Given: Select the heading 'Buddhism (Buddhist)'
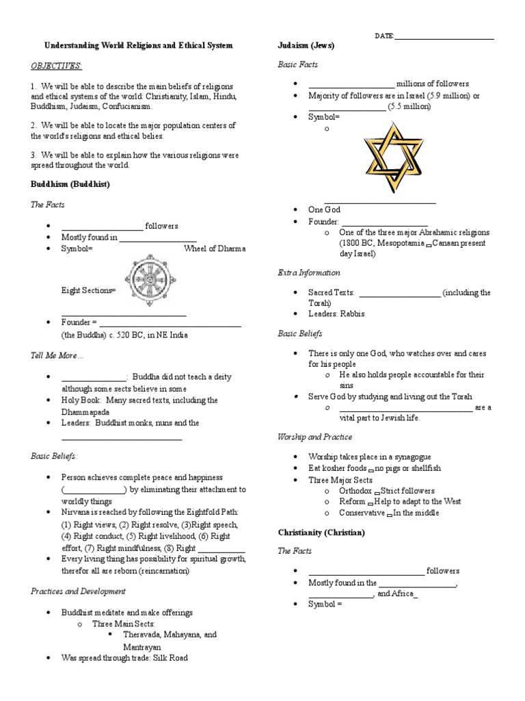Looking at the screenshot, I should click(x=70, y=185).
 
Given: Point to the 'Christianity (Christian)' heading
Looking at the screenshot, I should click(x=321, y=532).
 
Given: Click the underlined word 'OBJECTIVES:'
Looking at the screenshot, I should click(x=56, y=65).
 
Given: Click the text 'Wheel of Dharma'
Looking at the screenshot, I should click(x=215, y=248).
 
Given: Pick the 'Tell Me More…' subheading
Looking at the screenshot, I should click(x=57, y=356).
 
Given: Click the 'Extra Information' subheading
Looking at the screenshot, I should click(x=308, y=272).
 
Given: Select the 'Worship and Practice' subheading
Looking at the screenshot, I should click(x=315, y=437).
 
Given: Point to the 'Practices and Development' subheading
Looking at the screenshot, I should click(x=78, y=591).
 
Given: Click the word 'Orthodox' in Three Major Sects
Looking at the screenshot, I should click(x=355, y=491).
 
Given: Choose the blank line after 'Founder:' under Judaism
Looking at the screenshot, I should click(x=384, y=222).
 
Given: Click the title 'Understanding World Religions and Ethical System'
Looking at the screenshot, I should click(x=139, y=45).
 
